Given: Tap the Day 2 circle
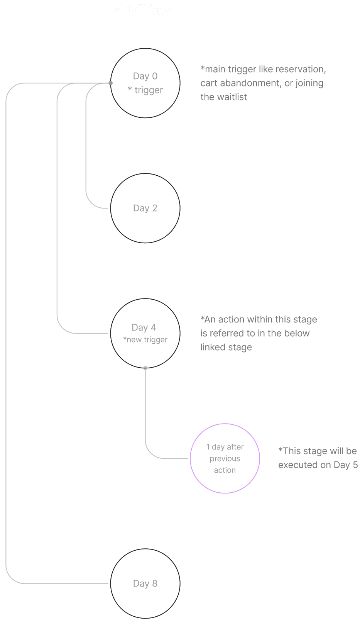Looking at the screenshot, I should point(145,208).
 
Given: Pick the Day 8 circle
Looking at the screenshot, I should point(145,583).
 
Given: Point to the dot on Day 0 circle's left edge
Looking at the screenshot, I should point(111,83).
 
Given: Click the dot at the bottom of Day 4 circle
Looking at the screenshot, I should point(145,368).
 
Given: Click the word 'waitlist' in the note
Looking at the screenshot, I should point(231,97).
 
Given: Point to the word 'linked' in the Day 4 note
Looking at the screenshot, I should point(211,348).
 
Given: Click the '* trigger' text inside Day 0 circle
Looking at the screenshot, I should point(145,90).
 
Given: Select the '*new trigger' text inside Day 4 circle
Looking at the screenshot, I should point(145,340).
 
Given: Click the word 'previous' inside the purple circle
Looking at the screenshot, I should point(225,459).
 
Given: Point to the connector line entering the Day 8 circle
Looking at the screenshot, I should point(58,583).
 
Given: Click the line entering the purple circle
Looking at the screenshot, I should point(170,459).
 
